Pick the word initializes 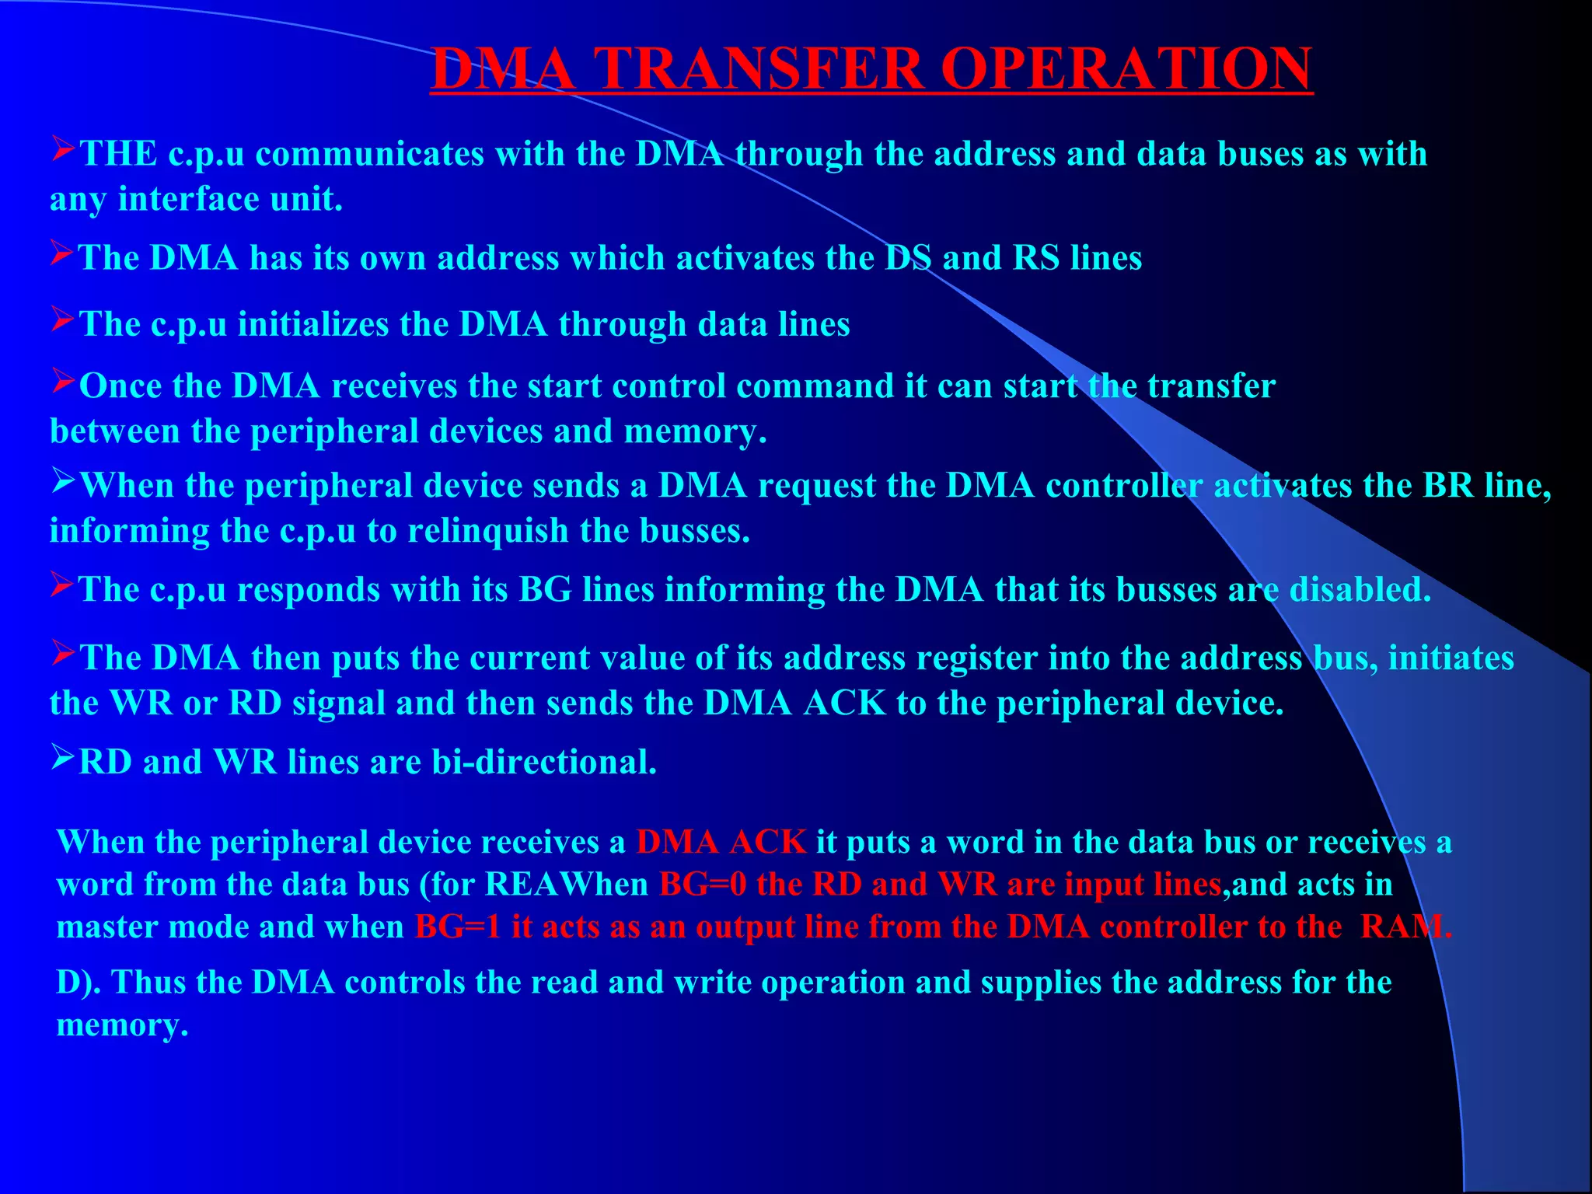click(x=313, y=324)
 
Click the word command click(x=815, y=386)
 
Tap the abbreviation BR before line click(x=1448, y=486)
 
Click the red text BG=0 click(x=703, y=885)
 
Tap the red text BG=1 click(x=458, y=927)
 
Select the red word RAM click(x=1404, y=927)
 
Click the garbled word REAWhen click(x=567, y=885)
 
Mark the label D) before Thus click(x=79, y=983)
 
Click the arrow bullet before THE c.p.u click(x=63, y=148)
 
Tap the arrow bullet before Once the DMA click(x=63, y=381)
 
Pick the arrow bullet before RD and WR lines click(x=63, y=756)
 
